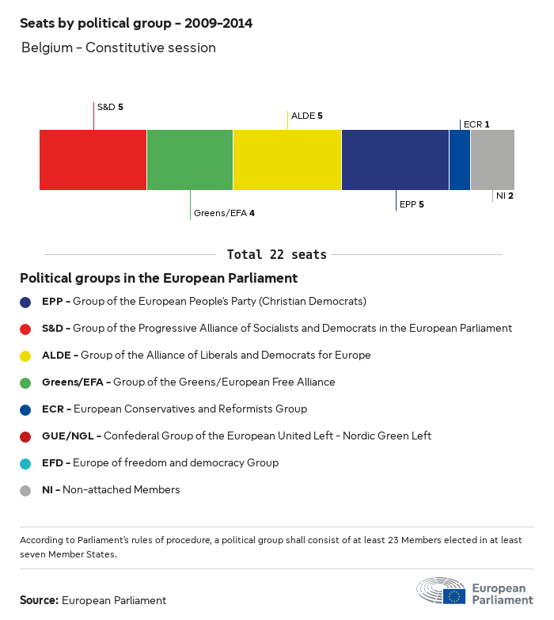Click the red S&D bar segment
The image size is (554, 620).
coord(93,160)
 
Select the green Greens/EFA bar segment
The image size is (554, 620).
coord(190,160)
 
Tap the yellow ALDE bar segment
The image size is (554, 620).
coord(287,160)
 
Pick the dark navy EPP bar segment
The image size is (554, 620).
coord(395,160)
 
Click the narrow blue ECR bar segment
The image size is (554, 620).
coord(460,160)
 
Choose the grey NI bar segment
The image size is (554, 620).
coord(492,160)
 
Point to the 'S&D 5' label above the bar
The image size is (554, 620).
coord(110,106)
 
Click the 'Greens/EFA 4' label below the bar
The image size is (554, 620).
coord(224,213)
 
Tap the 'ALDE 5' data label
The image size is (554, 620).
coord(307,116)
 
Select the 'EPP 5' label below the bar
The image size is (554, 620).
coord(412,204)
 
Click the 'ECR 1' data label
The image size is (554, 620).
coord(476,124)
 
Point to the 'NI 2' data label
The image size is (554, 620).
coord(505,196)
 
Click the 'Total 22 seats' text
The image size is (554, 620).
coord(277,254)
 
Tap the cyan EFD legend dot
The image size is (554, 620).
coord(26,463)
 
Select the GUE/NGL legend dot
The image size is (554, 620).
coord(26,436)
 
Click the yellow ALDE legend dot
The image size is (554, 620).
coord(26,356)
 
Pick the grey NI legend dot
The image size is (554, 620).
coord(26,490)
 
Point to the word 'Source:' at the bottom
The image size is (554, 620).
coord(39,600)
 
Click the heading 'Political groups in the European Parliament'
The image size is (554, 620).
coord(158,278)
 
